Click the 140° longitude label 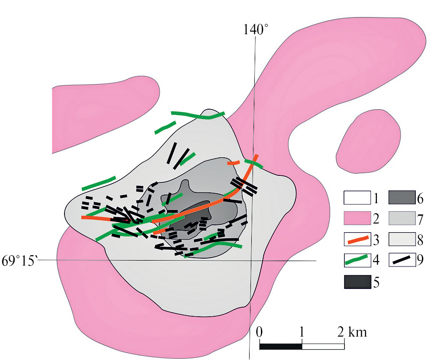[x=255, y=30]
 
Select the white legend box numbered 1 [x=357, y=198]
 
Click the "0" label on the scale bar [x=259, y=333]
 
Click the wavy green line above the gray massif [x=198, y=115]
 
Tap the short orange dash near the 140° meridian [x=234, y=163]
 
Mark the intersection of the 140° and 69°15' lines [x=252, y=260]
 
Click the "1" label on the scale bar [x=301, y=333]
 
